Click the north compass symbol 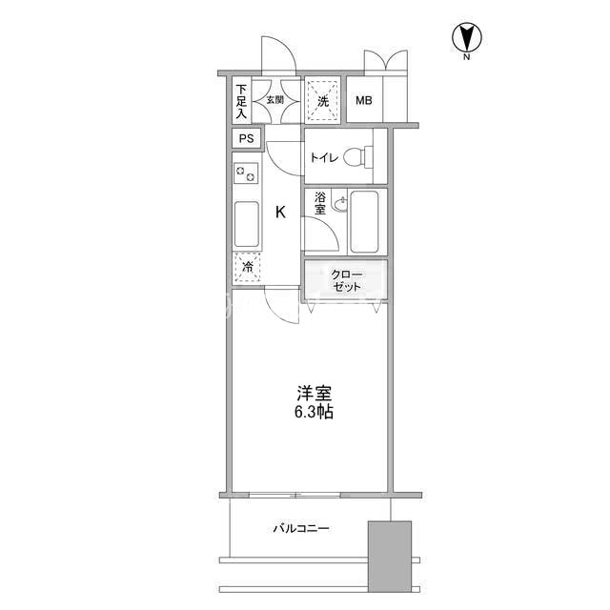466,38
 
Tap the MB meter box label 364,101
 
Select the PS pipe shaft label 246,138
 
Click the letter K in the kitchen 280,212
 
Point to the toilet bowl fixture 358,157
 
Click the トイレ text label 324,157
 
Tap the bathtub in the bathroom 364,222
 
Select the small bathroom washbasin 341,204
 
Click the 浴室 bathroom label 320,203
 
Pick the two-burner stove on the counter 246,173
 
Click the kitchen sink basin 247,224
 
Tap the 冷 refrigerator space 247,268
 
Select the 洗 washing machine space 322,100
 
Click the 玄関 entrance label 275,100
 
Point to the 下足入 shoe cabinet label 241,101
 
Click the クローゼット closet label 346,281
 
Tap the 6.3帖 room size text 314,412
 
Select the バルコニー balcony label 301,528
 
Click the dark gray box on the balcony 390,557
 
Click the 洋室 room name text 314,394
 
